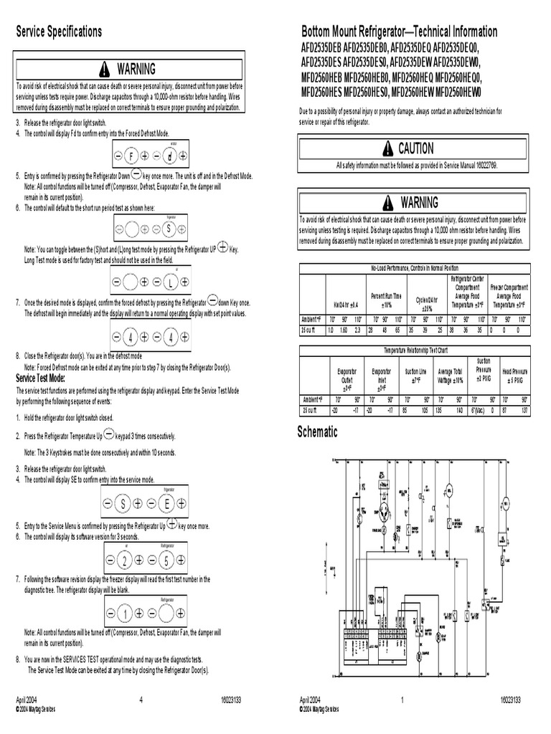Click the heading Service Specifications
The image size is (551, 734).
point(59,32)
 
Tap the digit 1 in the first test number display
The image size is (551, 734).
point(123,614)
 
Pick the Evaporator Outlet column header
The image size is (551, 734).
point(347,377)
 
